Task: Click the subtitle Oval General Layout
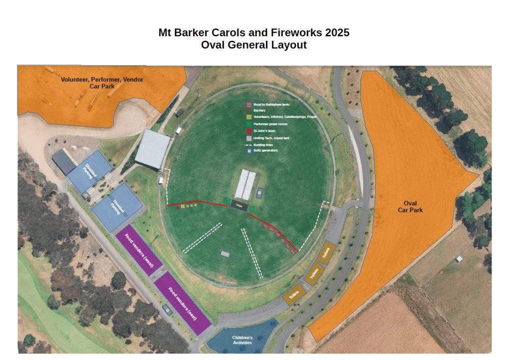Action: (254, 45)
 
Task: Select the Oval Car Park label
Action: (410, 206)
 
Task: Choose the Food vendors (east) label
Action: (182, 303)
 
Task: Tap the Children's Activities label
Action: (242, 341)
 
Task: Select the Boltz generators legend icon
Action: (249, 151)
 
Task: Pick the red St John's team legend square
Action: (249, 131)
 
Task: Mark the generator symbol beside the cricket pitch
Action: (259, 191)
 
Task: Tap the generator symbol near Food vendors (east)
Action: (168, 310)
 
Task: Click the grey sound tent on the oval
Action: (225, 254)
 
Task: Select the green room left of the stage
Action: (227, 201)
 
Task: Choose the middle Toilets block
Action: (314, 274)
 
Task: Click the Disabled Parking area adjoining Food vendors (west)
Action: (117, 207)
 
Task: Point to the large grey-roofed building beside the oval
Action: (152, 148)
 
